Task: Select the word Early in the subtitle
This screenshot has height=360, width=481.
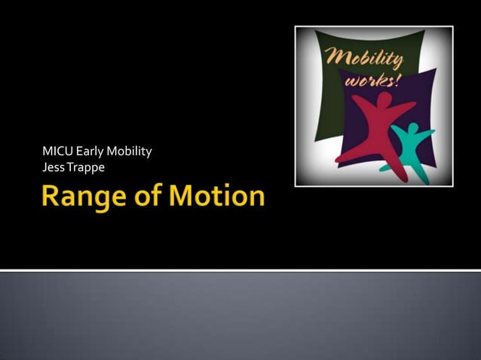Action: click(x=89, y=152)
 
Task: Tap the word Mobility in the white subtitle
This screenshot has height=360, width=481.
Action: click(x=129, y=152)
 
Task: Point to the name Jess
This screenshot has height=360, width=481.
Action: click(x=54, y=166)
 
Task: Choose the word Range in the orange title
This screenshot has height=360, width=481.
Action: click(x=81, y=197)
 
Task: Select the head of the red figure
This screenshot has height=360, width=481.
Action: click(x=384, y=100)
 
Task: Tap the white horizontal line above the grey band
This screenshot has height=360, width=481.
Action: click(x=240, y=270)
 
